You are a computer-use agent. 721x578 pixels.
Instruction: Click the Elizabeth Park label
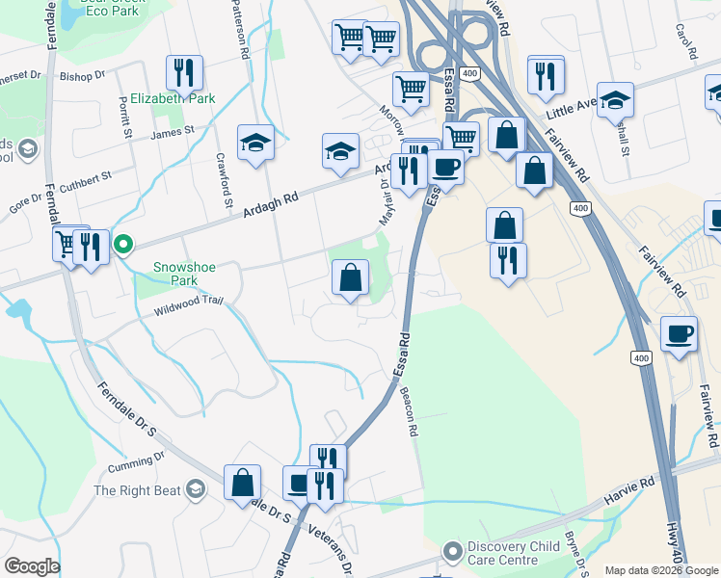(173, 98)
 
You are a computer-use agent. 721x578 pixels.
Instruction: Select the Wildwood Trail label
(188, 304)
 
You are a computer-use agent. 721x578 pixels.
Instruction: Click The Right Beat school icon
(197, 490)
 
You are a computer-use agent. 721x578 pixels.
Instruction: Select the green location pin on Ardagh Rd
(123, 244)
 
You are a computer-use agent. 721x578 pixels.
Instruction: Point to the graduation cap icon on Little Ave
(614, 99)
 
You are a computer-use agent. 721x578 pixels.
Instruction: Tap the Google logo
(32, 566)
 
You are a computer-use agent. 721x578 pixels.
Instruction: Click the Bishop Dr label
(82, 75)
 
